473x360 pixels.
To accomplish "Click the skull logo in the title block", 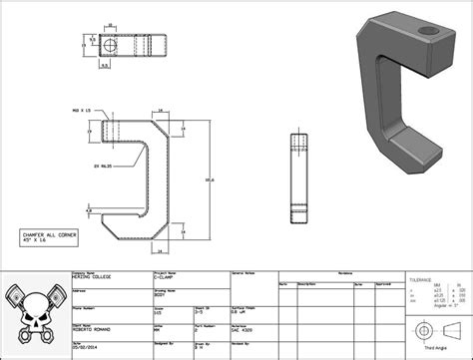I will click(33, 313).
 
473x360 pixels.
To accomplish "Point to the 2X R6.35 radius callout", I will click(99, 165).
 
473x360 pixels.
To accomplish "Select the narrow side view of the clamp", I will click(296, 178).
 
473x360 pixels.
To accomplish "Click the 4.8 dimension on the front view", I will click(89, 211).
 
